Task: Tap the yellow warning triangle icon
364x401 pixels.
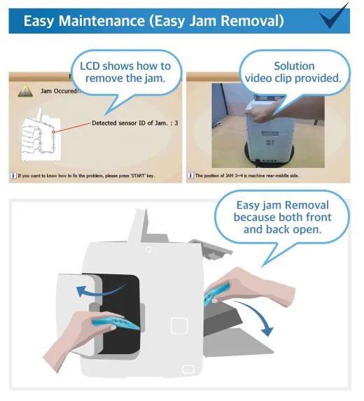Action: tap(25, 91)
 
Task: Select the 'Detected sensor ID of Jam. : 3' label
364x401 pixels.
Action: tap(134, 122)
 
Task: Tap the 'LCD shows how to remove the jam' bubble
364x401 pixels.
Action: tap(126, 72)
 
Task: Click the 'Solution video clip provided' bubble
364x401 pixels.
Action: tap(293, 72)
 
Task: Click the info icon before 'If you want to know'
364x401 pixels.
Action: tap(13, 176)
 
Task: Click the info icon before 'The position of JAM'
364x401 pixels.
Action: tap(190, 176)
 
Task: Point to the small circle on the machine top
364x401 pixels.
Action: tap(148, 248)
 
